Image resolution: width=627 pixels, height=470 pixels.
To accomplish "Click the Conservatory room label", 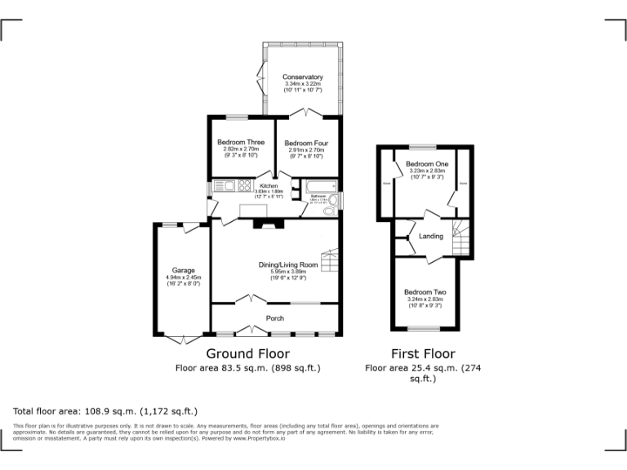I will tap(303, 77).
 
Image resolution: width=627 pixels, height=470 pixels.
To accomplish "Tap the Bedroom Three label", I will tap(241, 143).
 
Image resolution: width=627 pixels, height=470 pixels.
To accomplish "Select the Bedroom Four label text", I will tap(306, 144).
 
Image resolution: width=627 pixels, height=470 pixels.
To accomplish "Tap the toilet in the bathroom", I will tap(329, 211).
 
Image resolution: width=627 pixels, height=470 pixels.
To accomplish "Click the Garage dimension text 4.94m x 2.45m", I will tap(182, 277).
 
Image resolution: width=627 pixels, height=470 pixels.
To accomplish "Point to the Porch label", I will tap(274, 318).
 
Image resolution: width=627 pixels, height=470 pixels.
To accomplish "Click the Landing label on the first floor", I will tap(431, 237).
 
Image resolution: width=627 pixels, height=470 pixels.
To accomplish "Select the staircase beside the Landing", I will tap(461, 238).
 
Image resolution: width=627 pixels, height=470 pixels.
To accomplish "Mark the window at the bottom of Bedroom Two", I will tap(425, 329).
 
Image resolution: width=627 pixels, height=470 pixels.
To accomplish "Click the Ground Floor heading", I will tap(247, 353).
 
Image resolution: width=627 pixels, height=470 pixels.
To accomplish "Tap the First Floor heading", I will tap(422, 353).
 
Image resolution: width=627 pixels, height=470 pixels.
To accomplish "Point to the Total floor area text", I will tap(105, 410).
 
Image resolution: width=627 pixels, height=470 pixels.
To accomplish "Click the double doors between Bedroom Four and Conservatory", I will tap(307, 113).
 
